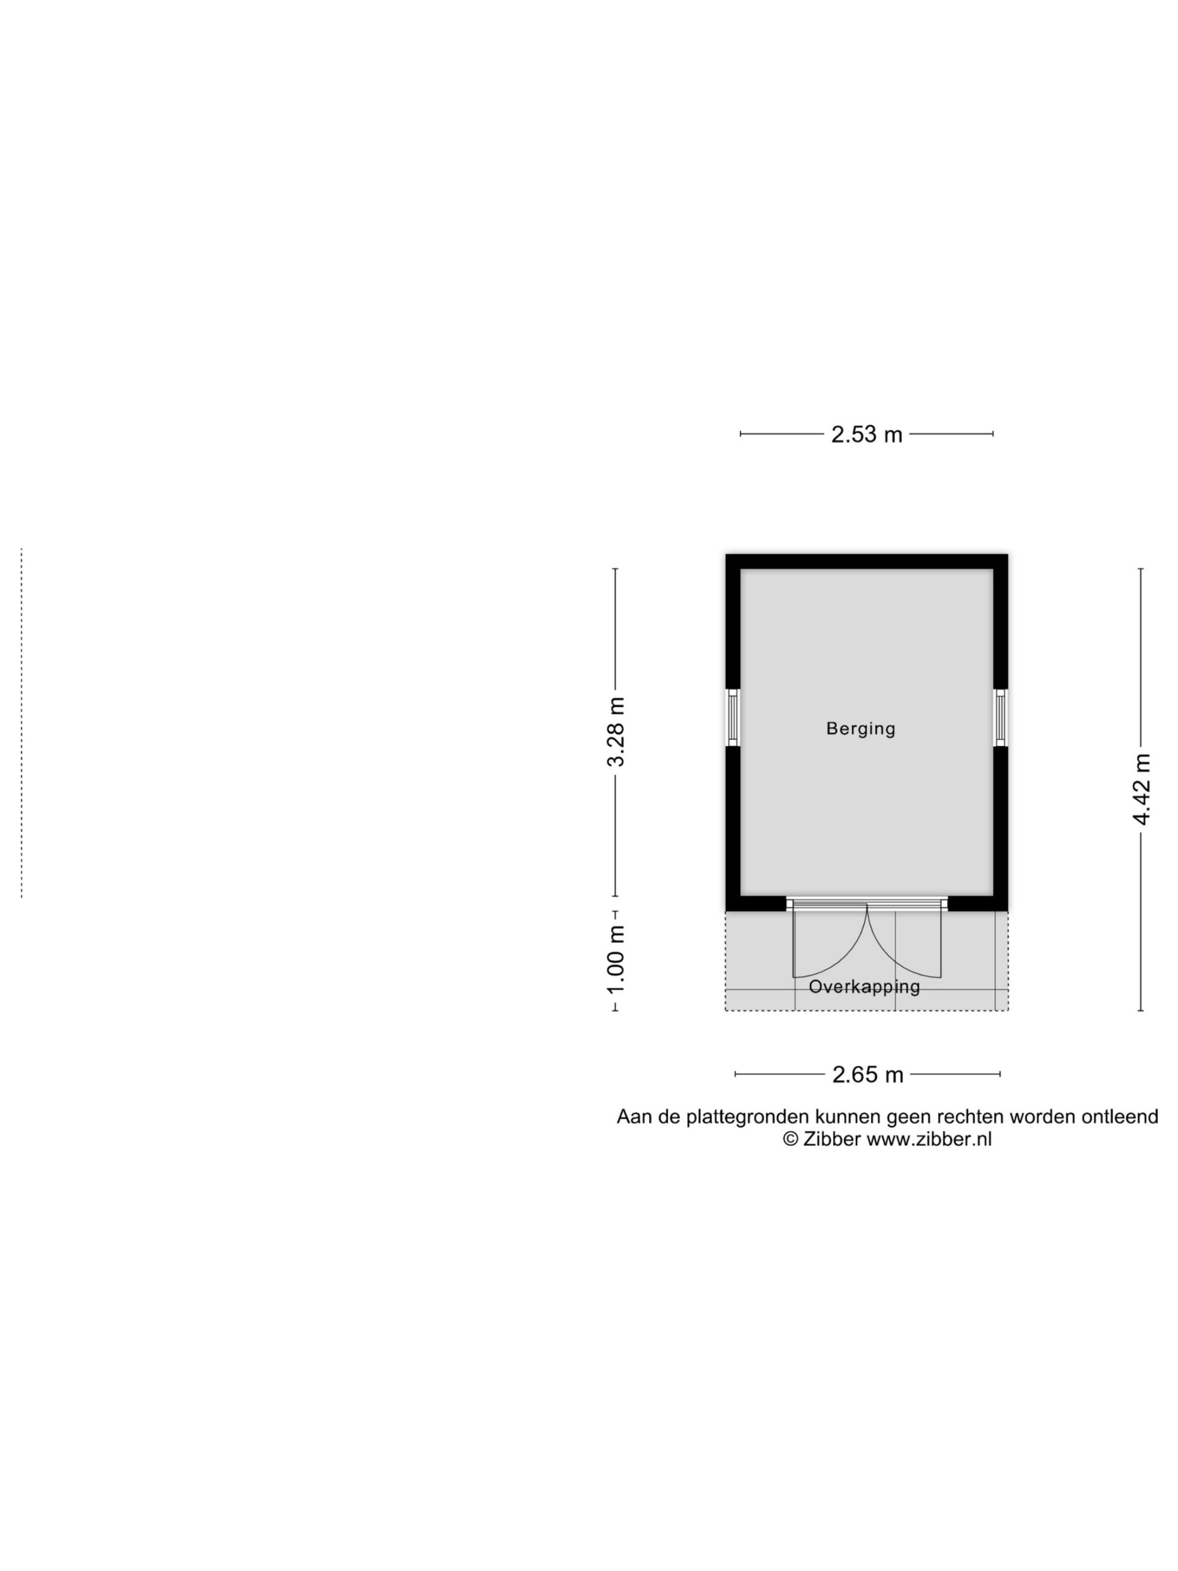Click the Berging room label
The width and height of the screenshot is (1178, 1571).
coord(861,728)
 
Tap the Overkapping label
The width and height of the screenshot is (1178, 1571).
coord(864,987)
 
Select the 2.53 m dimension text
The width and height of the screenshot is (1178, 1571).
coord(866,434)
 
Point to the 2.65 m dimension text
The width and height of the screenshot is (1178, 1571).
coord(868,1075)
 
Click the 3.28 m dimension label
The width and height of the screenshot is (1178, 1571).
coord(615,732)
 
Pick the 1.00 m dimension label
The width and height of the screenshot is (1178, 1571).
coord(615,960)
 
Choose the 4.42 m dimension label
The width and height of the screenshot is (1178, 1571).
coord(1141,790)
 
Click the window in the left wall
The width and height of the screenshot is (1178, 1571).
coord(733,717)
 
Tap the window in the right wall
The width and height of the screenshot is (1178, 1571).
coord(1001,717)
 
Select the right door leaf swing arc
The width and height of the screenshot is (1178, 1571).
coord(888,956)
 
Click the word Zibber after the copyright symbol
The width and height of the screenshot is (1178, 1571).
coord(832,1139)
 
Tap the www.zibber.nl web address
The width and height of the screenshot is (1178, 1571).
coord(929,1139)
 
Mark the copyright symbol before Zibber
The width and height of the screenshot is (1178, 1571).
coord(791,1139)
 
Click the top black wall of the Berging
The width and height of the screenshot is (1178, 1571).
coord(866,562)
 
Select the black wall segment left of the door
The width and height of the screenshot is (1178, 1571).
coord(755,903)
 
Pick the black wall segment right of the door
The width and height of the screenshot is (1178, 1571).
coord(978,903)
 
